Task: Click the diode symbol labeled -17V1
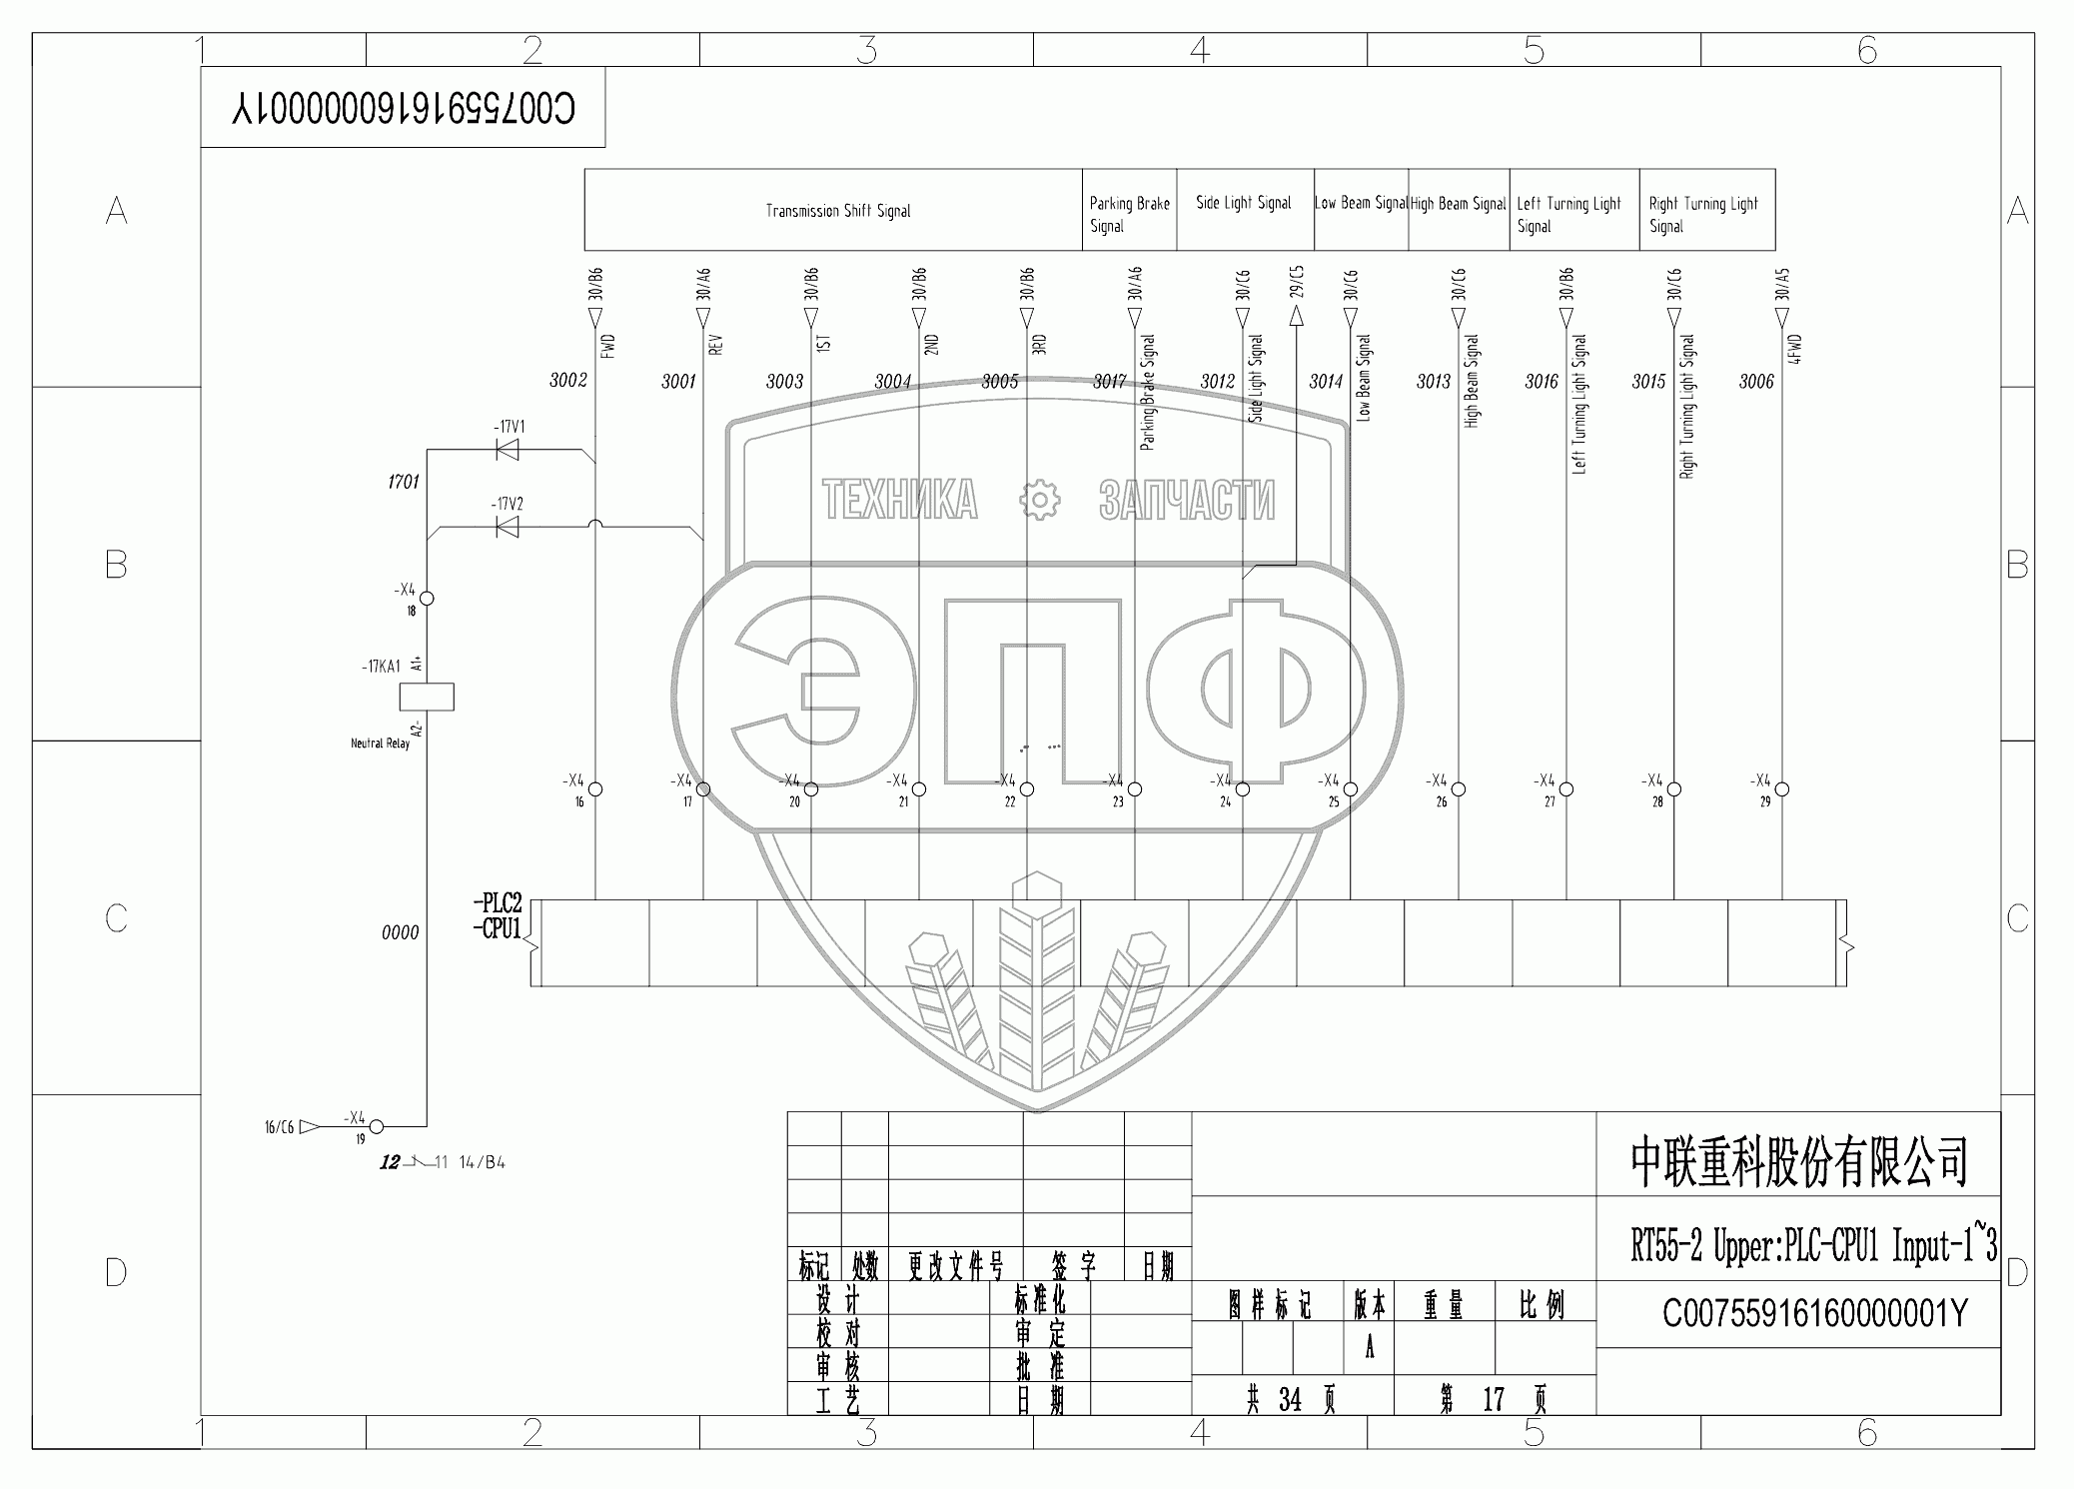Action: click(x=508, y=450)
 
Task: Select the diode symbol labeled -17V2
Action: click(x=508, y=527)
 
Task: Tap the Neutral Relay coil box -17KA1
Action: click(x=427, y=697)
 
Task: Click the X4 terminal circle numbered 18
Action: click(x=427, y=599)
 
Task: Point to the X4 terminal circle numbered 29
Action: click(x=1782, y=789)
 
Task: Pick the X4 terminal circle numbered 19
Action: click(x=377, y=1127)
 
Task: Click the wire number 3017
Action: click(x=1109, y=381)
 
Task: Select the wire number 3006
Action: click(x=1755, y=381)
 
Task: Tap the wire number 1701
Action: click(x=404, y=482)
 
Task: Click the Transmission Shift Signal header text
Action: click(x=838, y=211)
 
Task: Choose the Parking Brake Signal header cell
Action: click(x=1129, y=214)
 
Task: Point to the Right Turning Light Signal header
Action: click(x=1703, y=214)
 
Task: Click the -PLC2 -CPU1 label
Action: click(x=498, y=916)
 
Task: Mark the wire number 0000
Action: click(x=400, y=932)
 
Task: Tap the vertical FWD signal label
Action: click(x=609, y=345)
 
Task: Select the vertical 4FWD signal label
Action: click(x=1795, y=348)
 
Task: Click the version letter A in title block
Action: click(x=1369, y=1348)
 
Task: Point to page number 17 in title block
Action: click(x=1493, y=1399)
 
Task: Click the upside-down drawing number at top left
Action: click(x=403, y=108)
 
